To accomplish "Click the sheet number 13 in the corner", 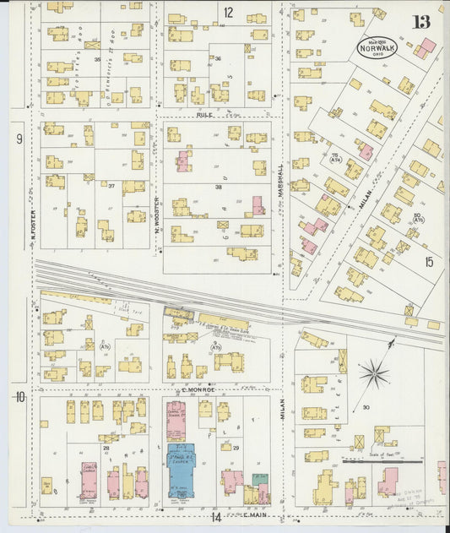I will click(x=420, y=21).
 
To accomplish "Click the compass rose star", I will click(x=374, y=373).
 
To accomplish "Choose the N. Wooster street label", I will click(x=156, y=211).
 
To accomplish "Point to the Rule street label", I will click(x=203, y=114).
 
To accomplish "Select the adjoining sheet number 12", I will click(x=228, y=12).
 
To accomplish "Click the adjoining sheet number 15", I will click(x=429, y=263).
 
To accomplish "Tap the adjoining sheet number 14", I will click(x=216, y=515).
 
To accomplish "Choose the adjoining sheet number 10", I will click(x=19, y=396).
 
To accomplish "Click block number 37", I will click(x=111, y=185).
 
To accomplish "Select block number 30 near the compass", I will click(x=366, y=407).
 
